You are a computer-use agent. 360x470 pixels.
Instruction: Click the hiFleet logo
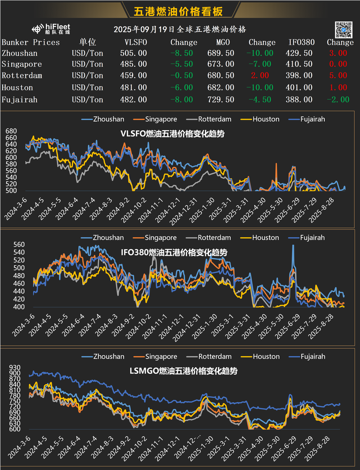click(x=51, y=29)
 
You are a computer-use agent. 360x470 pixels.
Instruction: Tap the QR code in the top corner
click(x=343, y=29)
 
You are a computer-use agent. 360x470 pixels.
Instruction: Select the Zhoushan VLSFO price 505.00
click(x=133, y=53)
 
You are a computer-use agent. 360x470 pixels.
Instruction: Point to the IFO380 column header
click(x=300, y=42)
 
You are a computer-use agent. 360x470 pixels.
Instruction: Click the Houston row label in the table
click(x=17, y=88)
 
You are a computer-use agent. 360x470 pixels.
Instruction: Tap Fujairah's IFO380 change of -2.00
click(x=338, y=100)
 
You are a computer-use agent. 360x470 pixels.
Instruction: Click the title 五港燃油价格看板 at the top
click(x=180, y=11)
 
